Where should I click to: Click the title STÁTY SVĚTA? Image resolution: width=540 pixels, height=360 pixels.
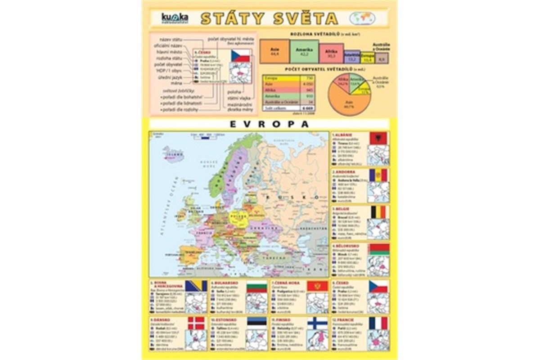pos(269,18)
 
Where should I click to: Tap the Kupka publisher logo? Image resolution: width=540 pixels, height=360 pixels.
pos(175,18)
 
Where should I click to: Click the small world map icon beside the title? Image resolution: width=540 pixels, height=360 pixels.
pos(362,18)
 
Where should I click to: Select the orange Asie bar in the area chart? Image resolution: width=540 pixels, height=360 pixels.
pos(272,51)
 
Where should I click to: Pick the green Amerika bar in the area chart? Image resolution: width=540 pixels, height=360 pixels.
pos(304,51)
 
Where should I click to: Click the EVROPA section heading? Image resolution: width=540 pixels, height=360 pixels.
pos(269,124)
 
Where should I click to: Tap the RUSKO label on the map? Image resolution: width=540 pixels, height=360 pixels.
pos(292,198)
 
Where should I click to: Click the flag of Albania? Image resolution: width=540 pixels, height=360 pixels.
pos(378,138)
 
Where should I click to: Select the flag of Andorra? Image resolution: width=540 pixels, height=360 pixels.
pos(378,175)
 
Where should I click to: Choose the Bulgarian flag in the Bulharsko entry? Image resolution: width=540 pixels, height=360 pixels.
pos(256,286)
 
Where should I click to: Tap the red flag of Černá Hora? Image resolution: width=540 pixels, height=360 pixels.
pos(318,286)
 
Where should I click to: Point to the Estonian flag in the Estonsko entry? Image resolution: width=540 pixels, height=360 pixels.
pos(256,323)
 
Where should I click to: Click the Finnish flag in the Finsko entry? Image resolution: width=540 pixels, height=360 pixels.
pos(318,323)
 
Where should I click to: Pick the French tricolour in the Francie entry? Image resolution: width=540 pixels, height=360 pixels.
pos(378,323)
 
